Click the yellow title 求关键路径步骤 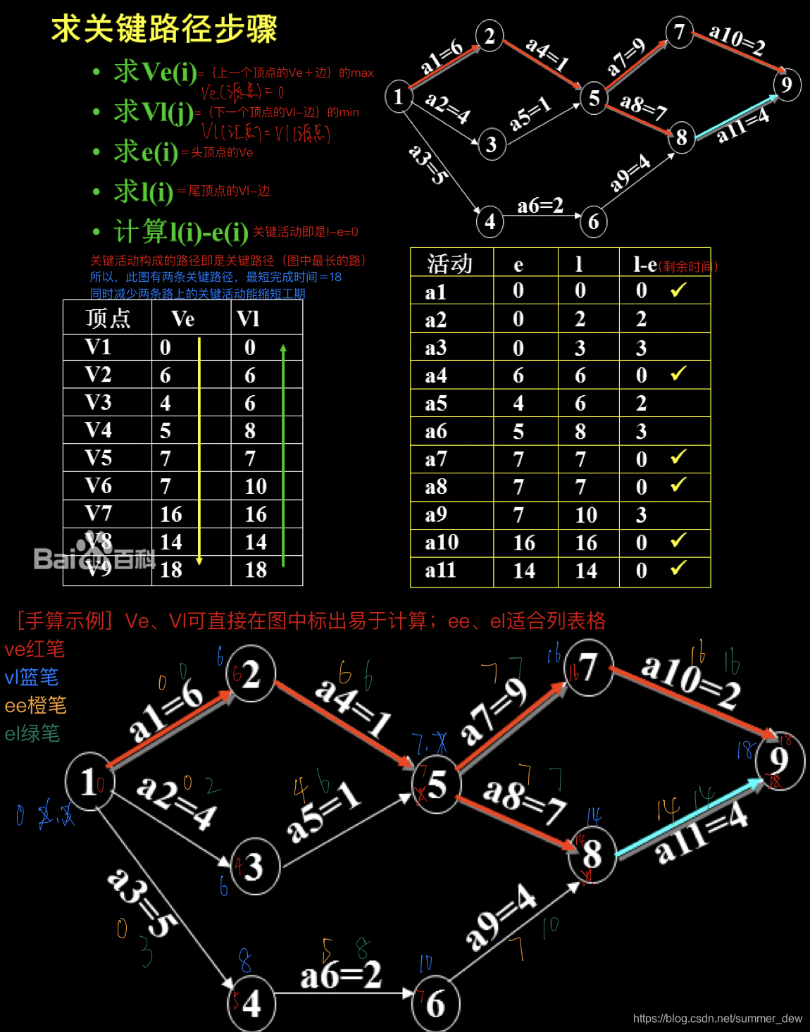click(164, 30)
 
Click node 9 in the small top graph click(787, 85)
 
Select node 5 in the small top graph click(594, 99)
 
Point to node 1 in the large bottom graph click(88, 782)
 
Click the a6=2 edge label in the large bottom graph click(341, 976)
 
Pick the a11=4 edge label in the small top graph click(742, 125)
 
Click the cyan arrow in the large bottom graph click(689, 817)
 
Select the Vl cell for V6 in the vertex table click(256, 486)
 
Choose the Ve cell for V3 click(166, 403)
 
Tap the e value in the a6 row click(518, 431)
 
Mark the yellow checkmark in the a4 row click(678, 373)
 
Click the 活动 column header click(450, 263)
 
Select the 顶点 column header click(108, 318)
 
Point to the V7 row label click(98, 514)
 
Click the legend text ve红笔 click(35, 649)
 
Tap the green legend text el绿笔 click(32, 733)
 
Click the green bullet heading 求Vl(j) click(154, 111)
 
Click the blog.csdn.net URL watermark click(717, 1019)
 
